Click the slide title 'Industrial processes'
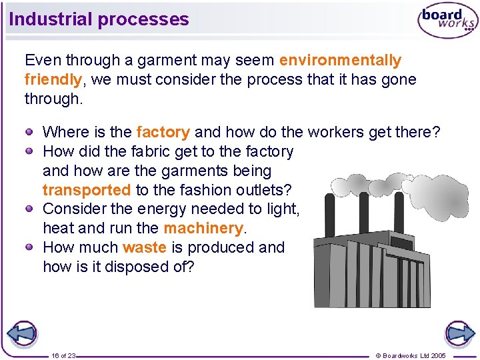coord(99,19)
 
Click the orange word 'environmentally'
coord(340,61)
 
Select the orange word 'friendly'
coord(53,80)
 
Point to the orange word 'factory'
coord(163,133)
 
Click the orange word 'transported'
coord(86,190)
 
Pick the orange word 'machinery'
coord(204,229)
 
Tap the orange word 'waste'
coord(144,247)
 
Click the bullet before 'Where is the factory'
coord(30,132)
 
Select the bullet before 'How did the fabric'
coord(30,151)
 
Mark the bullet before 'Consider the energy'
coord(30,209)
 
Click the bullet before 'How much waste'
coord(30,247)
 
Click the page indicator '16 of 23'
coord(63,355)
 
